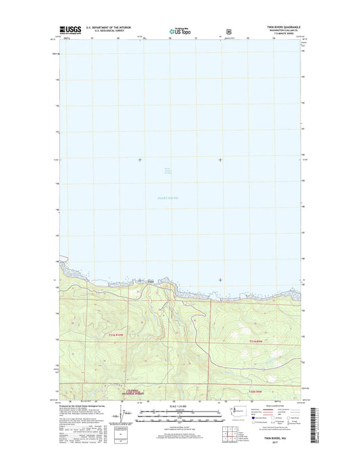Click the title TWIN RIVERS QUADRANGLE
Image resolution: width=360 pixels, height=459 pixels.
tap(278, 27)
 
